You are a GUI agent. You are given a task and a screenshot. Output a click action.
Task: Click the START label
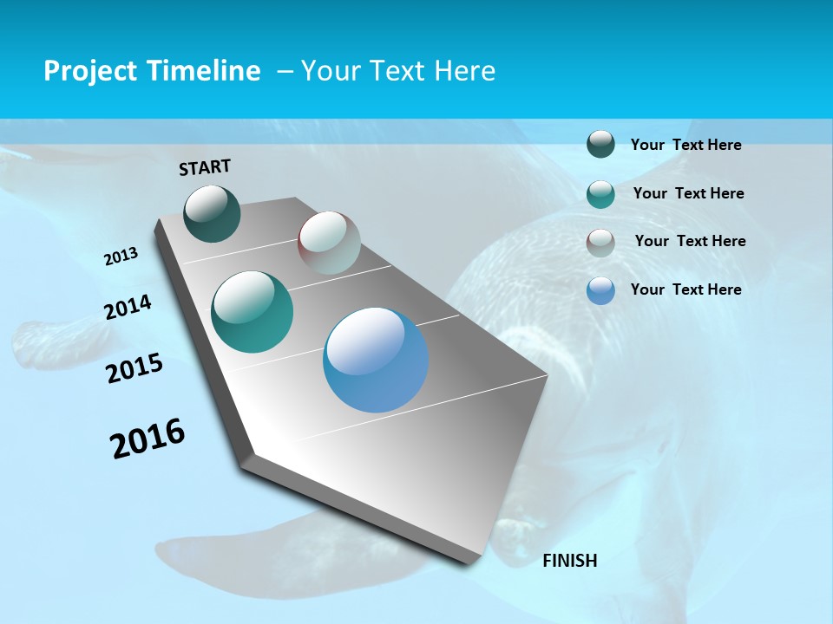[x=205, y=167]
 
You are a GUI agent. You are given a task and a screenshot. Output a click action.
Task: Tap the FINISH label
[x=570, y=561]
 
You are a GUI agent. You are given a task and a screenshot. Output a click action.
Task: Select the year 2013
[x=121, y=257]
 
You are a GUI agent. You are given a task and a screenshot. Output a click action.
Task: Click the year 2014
[x=128, y=307]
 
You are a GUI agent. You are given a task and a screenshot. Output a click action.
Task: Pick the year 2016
[x=148, y=439]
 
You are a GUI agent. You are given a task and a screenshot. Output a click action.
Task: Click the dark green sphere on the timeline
[x=212, y=213]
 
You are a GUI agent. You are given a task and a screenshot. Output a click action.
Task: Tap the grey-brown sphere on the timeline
[x=329, y=243]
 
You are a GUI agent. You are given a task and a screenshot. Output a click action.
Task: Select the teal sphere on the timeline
[x=252, y=311]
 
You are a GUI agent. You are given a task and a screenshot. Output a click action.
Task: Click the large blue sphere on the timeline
[x=376, y=359]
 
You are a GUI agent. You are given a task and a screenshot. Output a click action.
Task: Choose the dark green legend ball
[x=600, y=144]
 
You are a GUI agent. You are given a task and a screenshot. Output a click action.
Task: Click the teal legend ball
[x=600, y=194]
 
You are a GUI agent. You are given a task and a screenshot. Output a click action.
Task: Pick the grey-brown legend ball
[x=600, y=243]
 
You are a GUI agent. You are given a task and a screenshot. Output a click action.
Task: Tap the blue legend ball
[x=600, y=290]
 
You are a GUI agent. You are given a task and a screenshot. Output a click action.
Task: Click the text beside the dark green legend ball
[x=685, y=145]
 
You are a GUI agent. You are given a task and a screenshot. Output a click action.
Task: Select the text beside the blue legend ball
[x=685, y=289]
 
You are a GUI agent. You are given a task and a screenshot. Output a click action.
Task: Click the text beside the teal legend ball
[x=688, y=193]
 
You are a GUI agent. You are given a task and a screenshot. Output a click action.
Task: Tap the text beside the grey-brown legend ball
[x=690, y=241]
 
